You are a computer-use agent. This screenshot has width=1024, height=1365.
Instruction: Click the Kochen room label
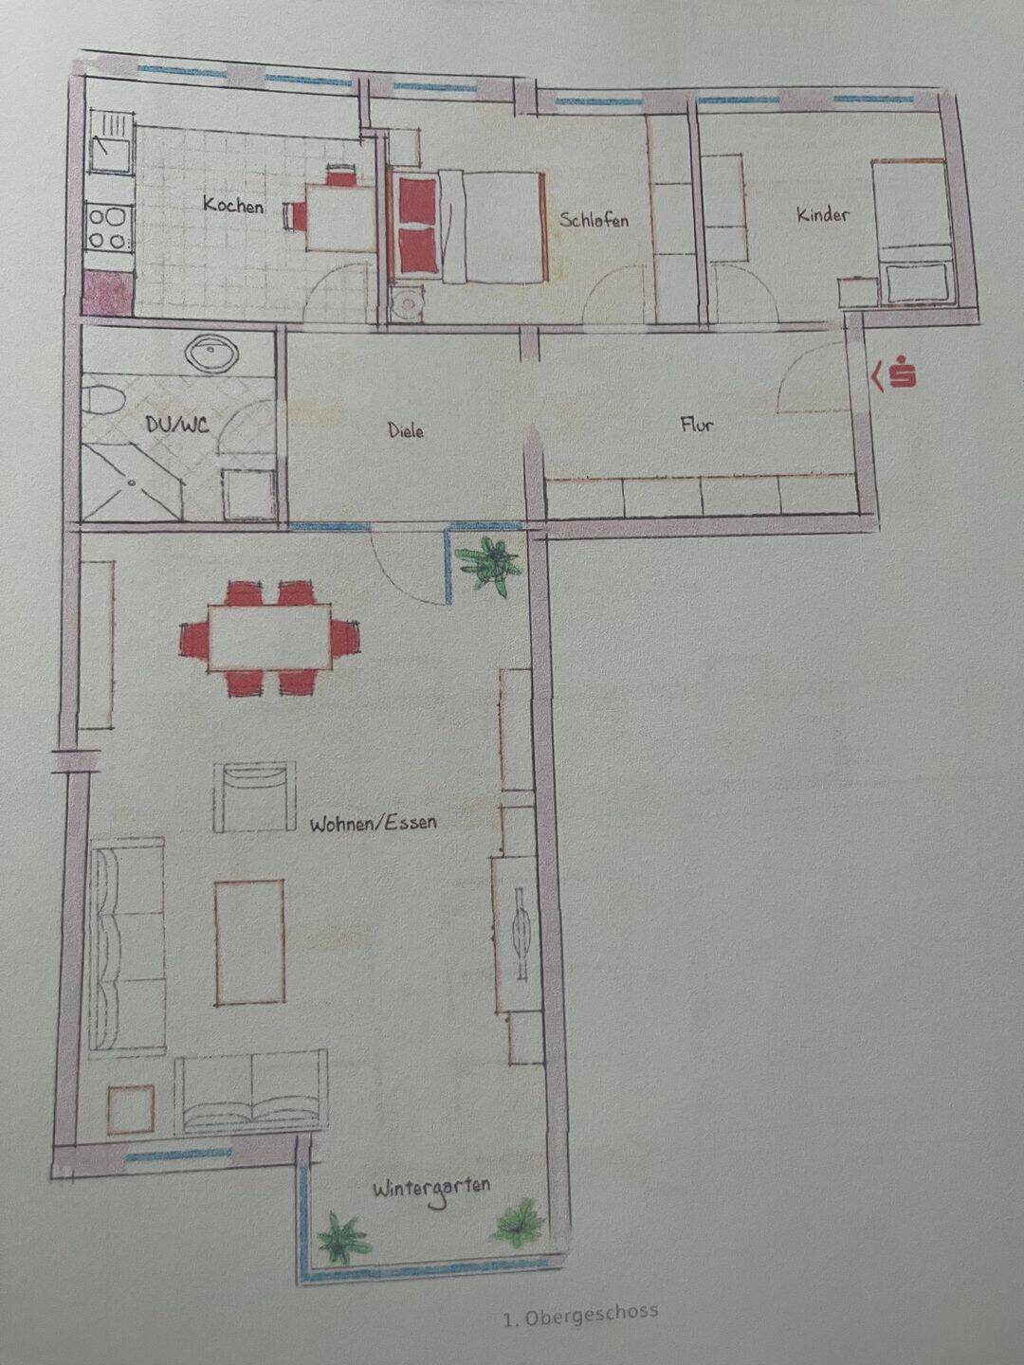pyautogui.click(x=233, y=205)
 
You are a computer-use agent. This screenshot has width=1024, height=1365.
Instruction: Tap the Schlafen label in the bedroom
pyautogui.click(x=594, y=220)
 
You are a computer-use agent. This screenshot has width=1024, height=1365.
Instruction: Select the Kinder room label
pyautogui.click(x=823, y=215)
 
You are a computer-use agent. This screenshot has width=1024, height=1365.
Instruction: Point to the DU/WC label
pyautogui.click(x=177, y=425)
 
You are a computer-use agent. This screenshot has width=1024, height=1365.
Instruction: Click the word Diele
pyautogui.click(x=406, y=429)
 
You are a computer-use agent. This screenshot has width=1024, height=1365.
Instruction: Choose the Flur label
pyautogui.click(x=696, y=425)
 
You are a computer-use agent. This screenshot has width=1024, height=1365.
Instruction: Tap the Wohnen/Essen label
pyautogui.click(x=373, y=824)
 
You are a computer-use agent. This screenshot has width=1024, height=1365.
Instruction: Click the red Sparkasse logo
pyautogui.click(x=895, y=373)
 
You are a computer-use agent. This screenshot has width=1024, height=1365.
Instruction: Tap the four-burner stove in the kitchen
pyautogui.click(x=109, y=228)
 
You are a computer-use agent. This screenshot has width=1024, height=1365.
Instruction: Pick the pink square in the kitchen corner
pyautogui.click(x=108, y=295)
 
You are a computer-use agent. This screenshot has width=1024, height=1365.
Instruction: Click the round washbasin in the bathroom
pyautogui.click(x=212, y=354)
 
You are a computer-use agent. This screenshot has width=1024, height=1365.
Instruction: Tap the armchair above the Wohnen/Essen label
pyautogui.click(x=254, y=796)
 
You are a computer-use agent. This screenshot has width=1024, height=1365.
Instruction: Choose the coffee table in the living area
pyautogui.click(x=249, y=943)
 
